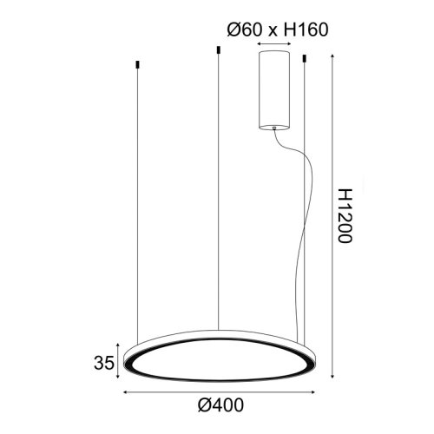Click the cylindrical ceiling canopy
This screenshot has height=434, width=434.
[x=273, y=89]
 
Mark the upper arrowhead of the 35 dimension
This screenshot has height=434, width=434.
[x=122, y=344]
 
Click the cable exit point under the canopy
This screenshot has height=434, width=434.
[x=275, y=129]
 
